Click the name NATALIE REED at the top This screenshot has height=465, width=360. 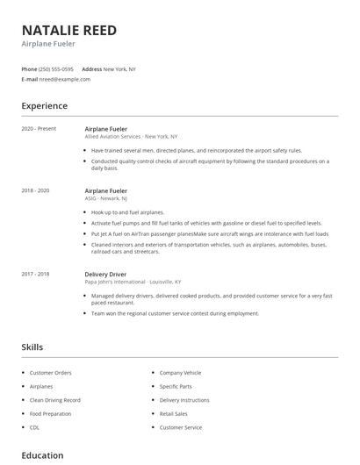coord(68,31)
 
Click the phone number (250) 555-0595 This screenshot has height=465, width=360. coord(56,68)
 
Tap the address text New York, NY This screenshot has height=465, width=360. coord(119,68)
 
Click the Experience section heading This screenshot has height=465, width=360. coord(45,106)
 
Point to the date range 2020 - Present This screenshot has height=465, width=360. coord(39,129)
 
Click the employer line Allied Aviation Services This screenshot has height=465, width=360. coord(131,137)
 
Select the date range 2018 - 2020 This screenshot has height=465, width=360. coord(35,190)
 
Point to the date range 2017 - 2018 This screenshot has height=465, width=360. coord(35,274)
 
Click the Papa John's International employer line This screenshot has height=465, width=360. coord(133,282)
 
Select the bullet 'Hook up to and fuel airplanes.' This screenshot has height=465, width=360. coord(127,212)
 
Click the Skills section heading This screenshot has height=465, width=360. coord(32,347)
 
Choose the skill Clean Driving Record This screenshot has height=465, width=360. coord(56,400)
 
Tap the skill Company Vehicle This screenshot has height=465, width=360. coord(180,373)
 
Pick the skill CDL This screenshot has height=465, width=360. coord(35,427)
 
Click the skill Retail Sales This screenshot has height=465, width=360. coord(173,413)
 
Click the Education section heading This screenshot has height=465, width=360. coord(42,455)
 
